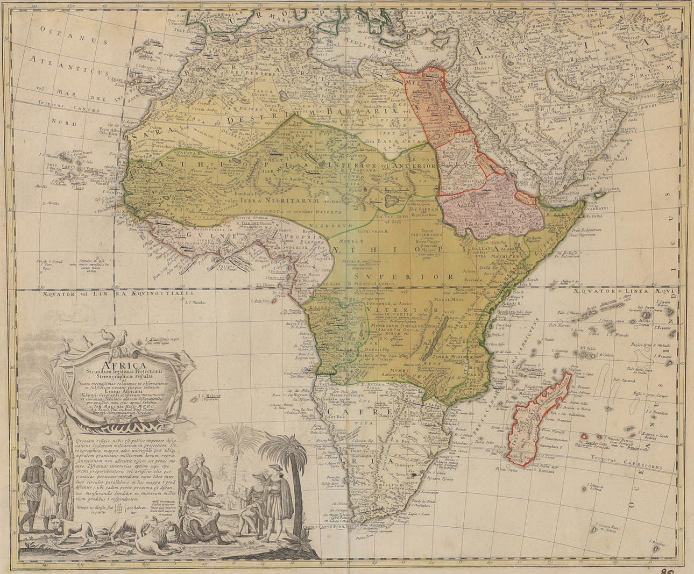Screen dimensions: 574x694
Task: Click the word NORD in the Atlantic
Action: coord(63,122)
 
